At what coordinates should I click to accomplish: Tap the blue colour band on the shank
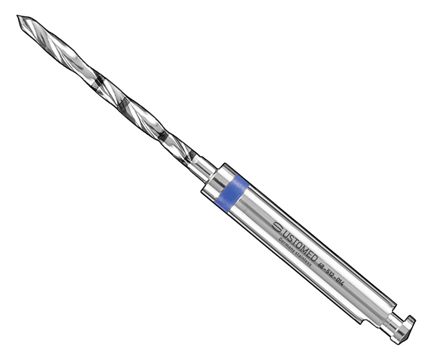[x=231, y=192]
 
